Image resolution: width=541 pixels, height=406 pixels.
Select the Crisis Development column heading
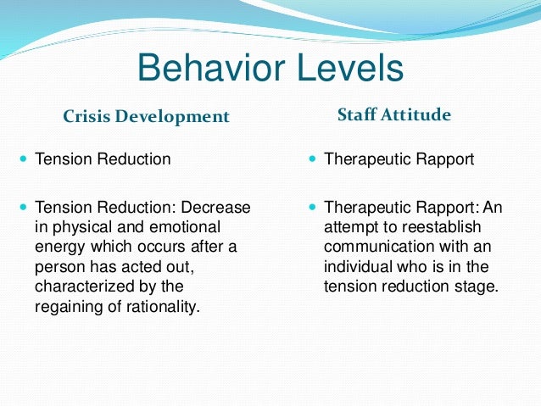point(147,116)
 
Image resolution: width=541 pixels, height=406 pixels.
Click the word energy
point(59,246)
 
